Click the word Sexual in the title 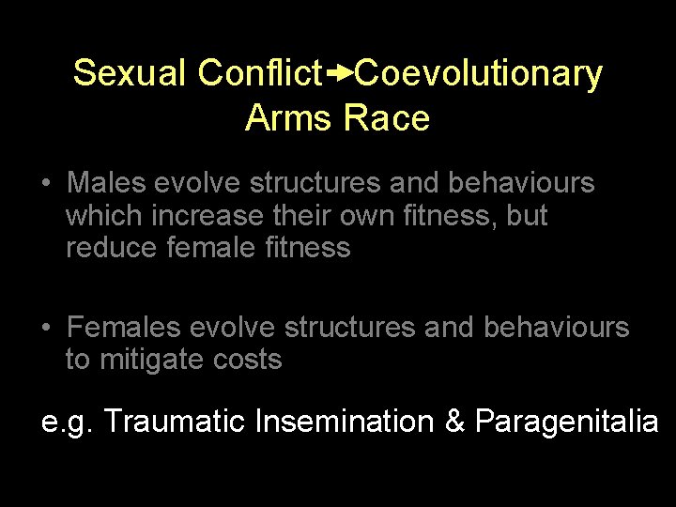tap(131, 73)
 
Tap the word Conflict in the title tap(260, 73)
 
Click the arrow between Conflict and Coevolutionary tap(339, 72)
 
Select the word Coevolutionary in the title tap(479, 73)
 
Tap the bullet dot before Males tap(46, 183)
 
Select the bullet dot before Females tap(46, 328)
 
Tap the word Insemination tap(345, 422)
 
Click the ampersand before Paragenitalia tap(455, 422)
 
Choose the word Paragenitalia tap(566, 422)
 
